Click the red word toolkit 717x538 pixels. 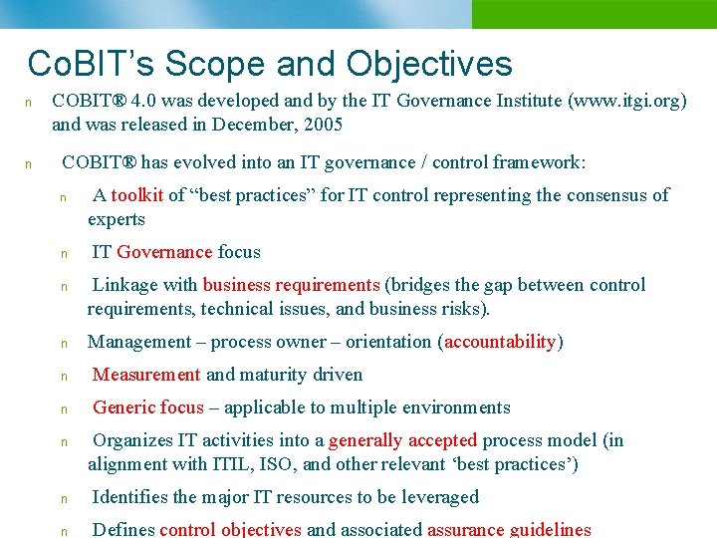tap(136, 195)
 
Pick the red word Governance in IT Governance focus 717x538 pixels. tap(164, 252)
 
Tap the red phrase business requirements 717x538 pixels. tap(291, 285)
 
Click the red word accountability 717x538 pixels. tap(500, 342)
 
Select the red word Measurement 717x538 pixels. tap(146, 375)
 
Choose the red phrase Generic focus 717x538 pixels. tap(147, 407)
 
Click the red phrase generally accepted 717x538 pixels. tap(402, 440)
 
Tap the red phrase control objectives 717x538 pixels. tap(230, 530)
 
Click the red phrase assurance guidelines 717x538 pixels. tap(509, 530)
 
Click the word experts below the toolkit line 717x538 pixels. tap(117, 219)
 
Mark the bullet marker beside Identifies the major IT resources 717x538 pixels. tap(63, 498)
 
